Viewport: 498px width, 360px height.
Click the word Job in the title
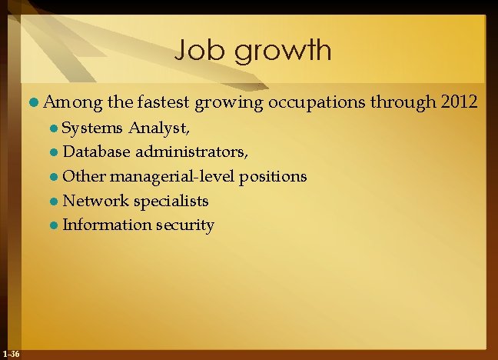198,51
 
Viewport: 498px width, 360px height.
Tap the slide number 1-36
12,353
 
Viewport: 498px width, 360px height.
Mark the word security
185,225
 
